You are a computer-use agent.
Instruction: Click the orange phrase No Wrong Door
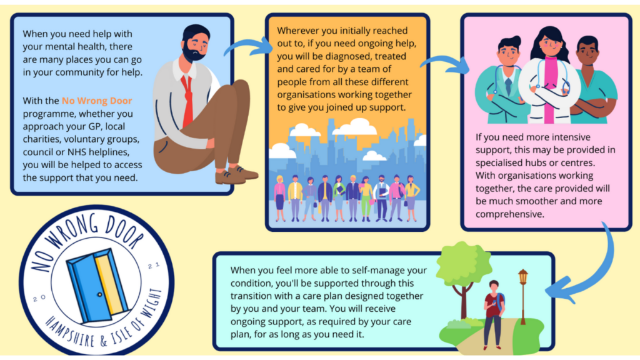tap(97, 101)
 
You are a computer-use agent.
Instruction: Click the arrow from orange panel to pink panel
tap(446, 63)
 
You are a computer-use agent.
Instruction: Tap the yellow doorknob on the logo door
tap(99, 294)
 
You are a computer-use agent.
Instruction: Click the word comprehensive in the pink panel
tap(509, 214)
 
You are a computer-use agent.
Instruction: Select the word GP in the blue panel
tap(93, 126)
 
